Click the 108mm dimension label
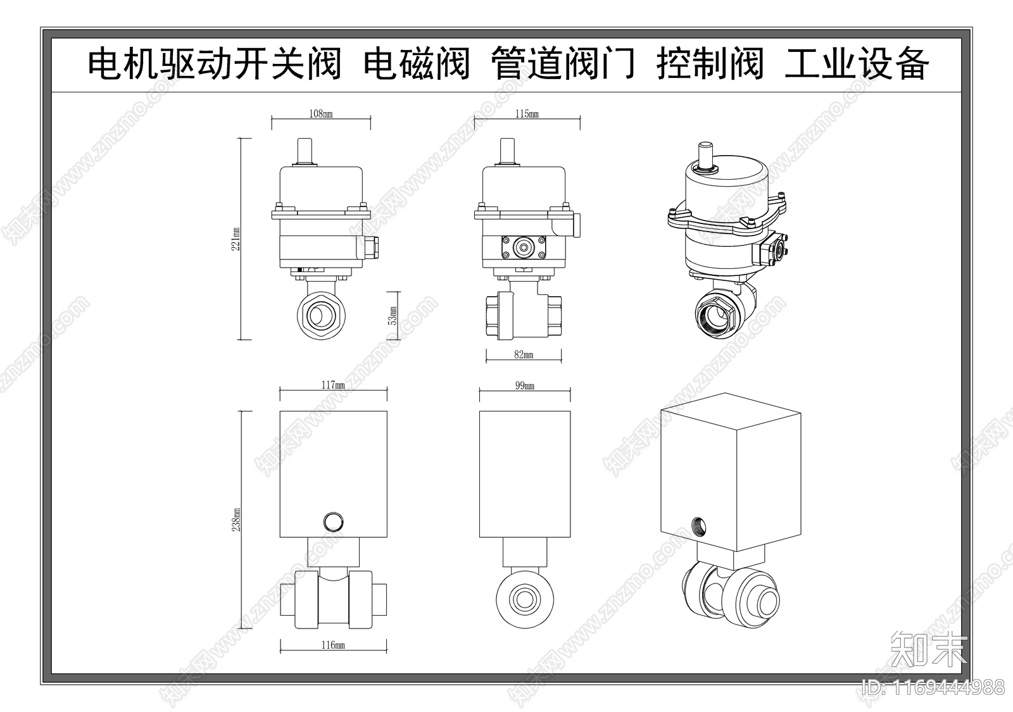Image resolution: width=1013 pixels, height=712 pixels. [x=320, y=114]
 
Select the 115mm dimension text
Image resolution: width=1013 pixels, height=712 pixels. [x=527, y=114]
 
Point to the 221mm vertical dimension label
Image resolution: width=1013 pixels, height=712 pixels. [x=236, y=239]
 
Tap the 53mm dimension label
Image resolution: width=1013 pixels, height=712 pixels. [x=393, y=315]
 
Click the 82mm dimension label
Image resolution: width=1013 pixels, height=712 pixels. [x=524, y=355]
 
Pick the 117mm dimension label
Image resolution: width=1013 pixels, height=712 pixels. [x=333, y=385]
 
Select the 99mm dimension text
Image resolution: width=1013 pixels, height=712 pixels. [x=524, y=385]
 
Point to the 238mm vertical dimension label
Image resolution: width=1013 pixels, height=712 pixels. [x=236, y=519]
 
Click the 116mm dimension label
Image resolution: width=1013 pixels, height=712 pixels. [x=333, y=645]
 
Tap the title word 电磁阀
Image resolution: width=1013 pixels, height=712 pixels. [x=417, y=64]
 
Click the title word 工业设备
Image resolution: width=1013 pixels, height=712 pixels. [x=857, y=64]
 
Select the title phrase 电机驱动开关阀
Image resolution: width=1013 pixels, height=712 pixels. [x=215, y=64]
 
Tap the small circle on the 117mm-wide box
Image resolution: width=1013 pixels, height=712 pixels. [x=333, y=522]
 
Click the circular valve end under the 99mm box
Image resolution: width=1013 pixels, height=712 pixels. [x=525, y=596]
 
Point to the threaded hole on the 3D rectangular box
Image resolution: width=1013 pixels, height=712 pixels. [x=700, y=525]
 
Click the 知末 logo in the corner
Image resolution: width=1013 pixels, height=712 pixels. [x=929, y=647]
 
